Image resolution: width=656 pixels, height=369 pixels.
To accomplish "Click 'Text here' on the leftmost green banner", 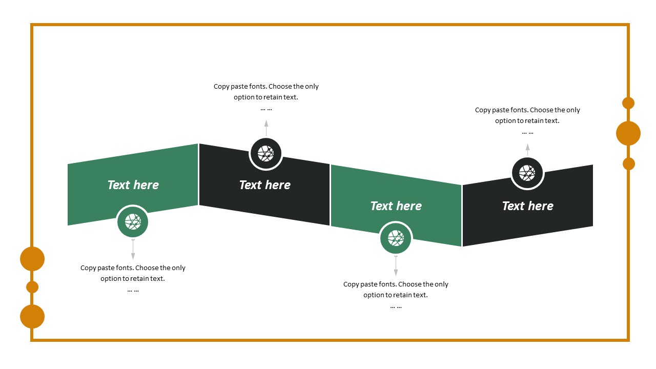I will tap(133, 185).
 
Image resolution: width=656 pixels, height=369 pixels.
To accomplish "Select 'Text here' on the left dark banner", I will tap(264, 185).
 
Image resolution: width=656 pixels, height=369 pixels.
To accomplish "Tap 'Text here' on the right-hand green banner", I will tap(396, 206).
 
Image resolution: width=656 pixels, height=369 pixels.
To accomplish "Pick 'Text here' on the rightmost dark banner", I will tap(527, 206).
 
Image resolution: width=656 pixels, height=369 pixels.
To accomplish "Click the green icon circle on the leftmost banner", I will tap(133, 222).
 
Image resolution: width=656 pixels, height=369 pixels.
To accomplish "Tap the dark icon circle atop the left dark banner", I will tap(265, 153).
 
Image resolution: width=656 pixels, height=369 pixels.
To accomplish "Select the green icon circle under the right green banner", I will tap(396, 238).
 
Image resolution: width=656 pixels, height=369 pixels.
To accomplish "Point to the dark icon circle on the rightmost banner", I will tap(527, 173).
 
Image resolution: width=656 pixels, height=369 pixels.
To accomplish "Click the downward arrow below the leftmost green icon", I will tap(133, 250).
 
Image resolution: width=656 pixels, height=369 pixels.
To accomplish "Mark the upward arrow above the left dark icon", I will tap(266, 128).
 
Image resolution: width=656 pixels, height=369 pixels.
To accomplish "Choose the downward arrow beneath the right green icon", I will tap(396, 266).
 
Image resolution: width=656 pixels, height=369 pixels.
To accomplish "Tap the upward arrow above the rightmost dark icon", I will tap(527, 150).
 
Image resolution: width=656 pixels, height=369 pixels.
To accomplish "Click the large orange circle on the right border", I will tap(628, 133).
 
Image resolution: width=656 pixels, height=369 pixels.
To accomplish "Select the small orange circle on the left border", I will tap(32, 287).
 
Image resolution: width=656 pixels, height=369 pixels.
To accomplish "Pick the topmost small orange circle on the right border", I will tap(628, 103).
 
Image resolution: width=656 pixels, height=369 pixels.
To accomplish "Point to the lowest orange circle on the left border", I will tap(32, 317).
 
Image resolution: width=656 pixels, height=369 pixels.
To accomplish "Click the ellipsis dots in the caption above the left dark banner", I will tap(266, 109).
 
